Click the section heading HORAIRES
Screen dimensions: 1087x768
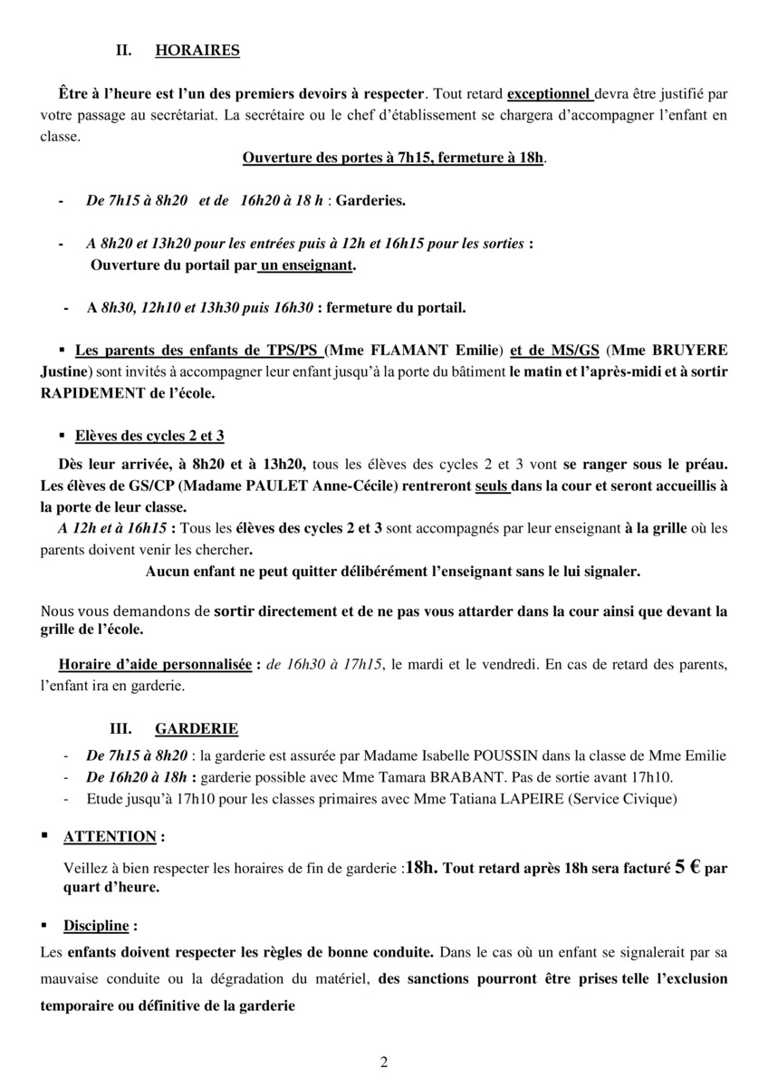pyautogui.click(x=197, y=51)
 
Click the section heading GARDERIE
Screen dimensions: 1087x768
pyautogui.click(x=197, y=728)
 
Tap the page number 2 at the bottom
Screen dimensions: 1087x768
pyautogui.click(x=384, y=1063)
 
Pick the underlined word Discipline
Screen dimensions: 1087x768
pyautogui.click(x=96, y=926)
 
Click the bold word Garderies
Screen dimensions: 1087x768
pyautogui.click(x=370, y=200)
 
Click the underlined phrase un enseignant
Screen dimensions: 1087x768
pyautogui.click(x=306, y=266)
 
